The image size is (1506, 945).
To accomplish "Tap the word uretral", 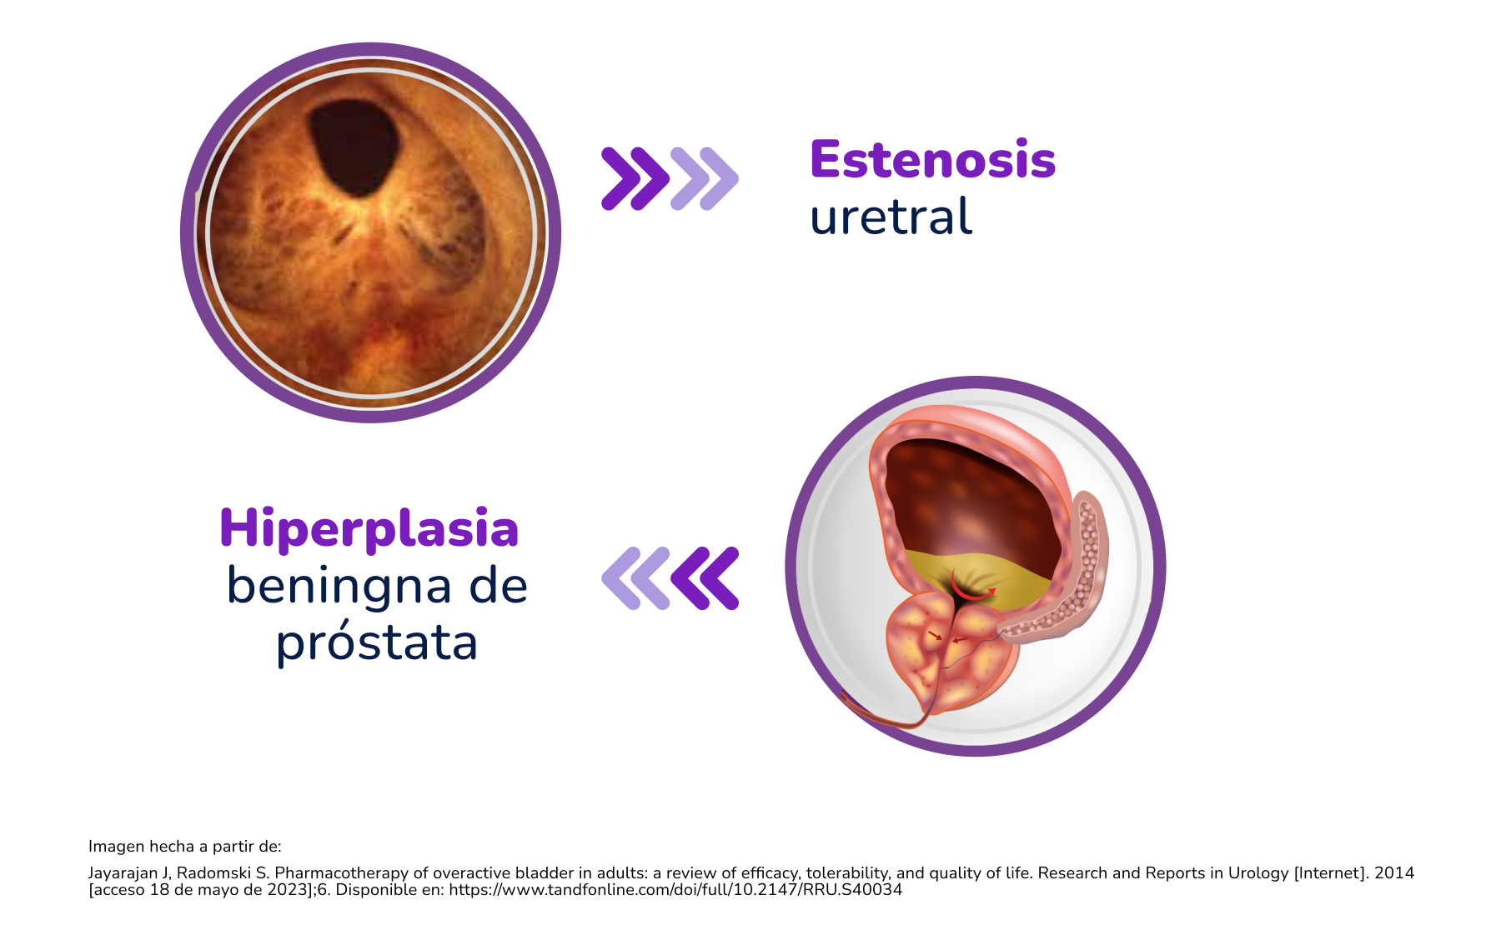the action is tap(891, 217).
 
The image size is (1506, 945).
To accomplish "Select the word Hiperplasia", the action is tap(369, 530).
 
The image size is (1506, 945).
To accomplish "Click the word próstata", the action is tap(377, 643).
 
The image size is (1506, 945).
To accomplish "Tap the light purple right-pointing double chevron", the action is tap(705, 178).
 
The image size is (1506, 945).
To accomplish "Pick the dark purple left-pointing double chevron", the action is tap(705, 578).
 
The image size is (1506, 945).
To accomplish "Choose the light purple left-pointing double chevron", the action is tap(636, 578).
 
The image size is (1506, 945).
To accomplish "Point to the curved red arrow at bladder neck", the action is tap(971, 593).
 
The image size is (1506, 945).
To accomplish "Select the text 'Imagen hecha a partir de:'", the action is tap(185, 847).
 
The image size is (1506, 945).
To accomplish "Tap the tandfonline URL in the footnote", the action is tap(675, 890).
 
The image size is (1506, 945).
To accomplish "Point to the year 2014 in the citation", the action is tap(1394, 873).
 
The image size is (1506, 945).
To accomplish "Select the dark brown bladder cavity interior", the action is tap(971, 500).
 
